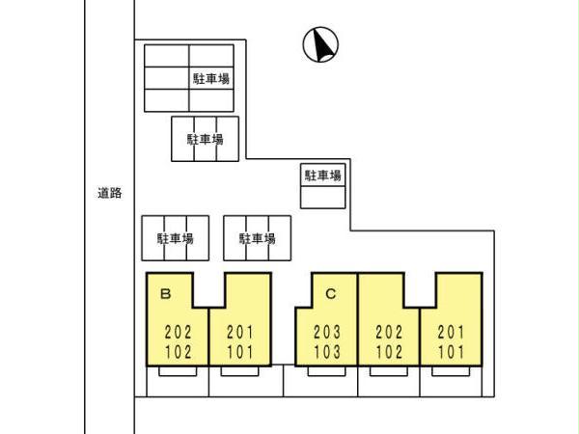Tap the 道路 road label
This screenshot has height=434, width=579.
(109, 193)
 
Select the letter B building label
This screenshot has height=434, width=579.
(165, 292)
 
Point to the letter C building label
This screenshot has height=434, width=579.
(329, 292)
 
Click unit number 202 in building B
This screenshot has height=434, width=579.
(179, 332)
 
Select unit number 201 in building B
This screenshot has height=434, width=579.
(239, 332)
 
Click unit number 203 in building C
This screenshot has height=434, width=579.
(327, 332)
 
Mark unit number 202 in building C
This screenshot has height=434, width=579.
(389, 332)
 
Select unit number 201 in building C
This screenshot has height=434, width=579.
(450, 332)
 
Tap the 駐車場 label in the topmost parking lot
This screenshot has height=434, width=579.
(209, 77)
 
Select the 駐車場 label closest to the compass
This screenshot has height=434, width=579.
(323, 175)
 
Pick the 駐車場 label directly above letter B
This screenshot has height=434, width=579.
(176, 238)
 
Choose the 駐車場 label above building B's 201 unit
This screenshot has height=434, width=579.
(258, 238)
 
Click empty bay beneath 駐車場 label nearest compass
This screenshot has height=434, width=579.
(323, 197)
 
